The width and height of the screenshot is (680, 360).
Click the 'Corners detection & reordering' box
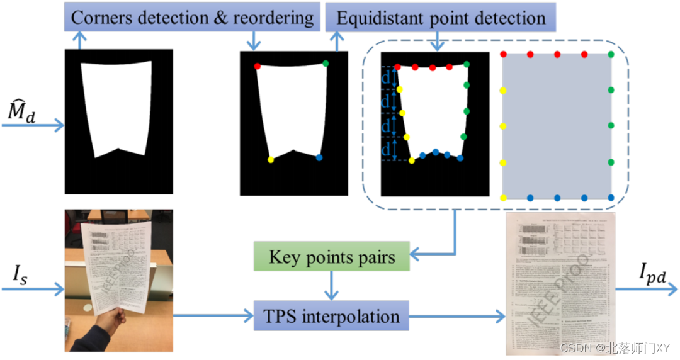(x=191, y=18)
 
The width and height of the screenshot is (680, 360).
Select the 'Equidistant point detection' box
(x=441, y=18)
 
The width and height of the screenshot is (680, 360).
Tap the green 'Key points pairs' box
(x=332, y=257)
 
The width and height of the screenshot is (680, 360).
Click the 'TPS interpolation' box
(x=332, y=315)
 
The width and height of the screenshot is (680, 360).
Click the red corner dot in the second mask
(x=257, y=66)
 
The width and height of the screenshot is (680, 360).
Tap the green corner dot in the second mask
(x=326, y=63)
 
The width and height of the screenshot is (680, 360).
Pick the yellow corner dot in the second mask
(x=271, y=160)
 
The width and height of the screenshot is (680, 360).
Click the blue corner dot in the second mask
(x=320, y=158)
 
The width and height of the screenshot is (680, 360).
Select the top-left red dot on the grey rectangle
(x=503, y=55)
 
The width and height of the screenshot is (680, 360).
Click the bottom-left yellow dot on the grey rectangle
(x=503, y=198)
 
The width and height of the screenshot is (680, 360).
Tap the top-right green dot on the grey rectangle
(x=611, y=55)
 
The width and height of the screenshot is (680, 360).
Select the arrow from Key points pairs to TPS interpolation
(x=332, y=286)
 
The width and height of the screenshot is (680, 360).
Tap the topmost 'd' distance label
(x=385, y=77)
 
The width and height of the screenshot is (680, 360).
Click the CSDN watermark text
(x=605, y=348)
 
